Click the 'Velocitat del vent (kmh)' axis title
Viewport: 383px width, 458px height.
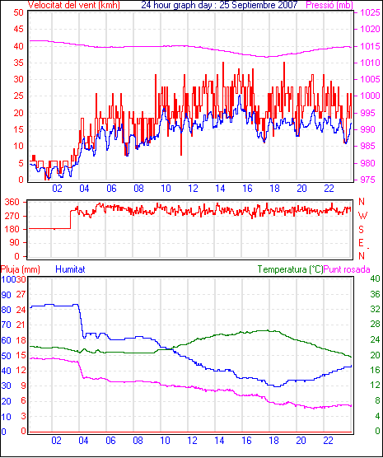[x=73, y=5]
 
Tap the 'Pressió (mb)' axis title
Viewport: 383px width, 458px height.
[x=329, y=5]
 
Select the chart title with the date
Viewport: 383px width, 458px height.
[x=219, y=5]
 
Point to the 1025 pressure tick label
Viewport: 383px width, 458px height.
[x=370, y=12]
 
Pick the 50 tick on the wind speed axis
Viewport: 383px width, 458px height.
[x=18, y=12]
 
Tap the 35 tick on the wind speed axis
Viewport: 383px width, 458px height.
[x=18, y=63]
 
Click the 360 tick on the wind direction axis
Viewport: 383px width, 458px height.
[x=13, y=202]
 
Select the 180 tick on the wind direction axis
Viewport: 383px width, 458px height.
[x=13, y=229]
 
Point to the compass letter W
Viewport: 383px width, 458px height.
[x=362, y=216]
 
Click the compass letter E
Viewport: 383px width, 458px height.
[x=361, y=243]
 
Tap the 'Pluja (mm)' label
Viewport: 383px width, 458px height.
[x=20, y=269]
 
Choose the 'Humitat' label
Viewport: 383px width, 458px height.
[x=70, y=269]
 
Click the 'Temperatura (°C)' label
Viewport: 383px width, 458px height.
[x=291, y=269]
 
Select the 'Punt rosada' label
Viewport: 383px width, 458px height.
[x=347, y=269]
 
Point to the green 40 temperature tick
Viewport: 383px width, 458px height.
[x=375, y=278]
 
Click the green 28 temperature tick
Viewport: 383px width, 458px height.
[x=375, y=324]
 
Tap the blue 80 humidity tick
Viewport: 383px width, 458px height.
[x=6, y=310]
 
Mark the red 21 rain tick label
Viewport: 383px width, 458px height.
[x=21, y=325]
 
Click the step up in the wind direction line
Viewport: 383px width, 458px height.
[x=70, y=219]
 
